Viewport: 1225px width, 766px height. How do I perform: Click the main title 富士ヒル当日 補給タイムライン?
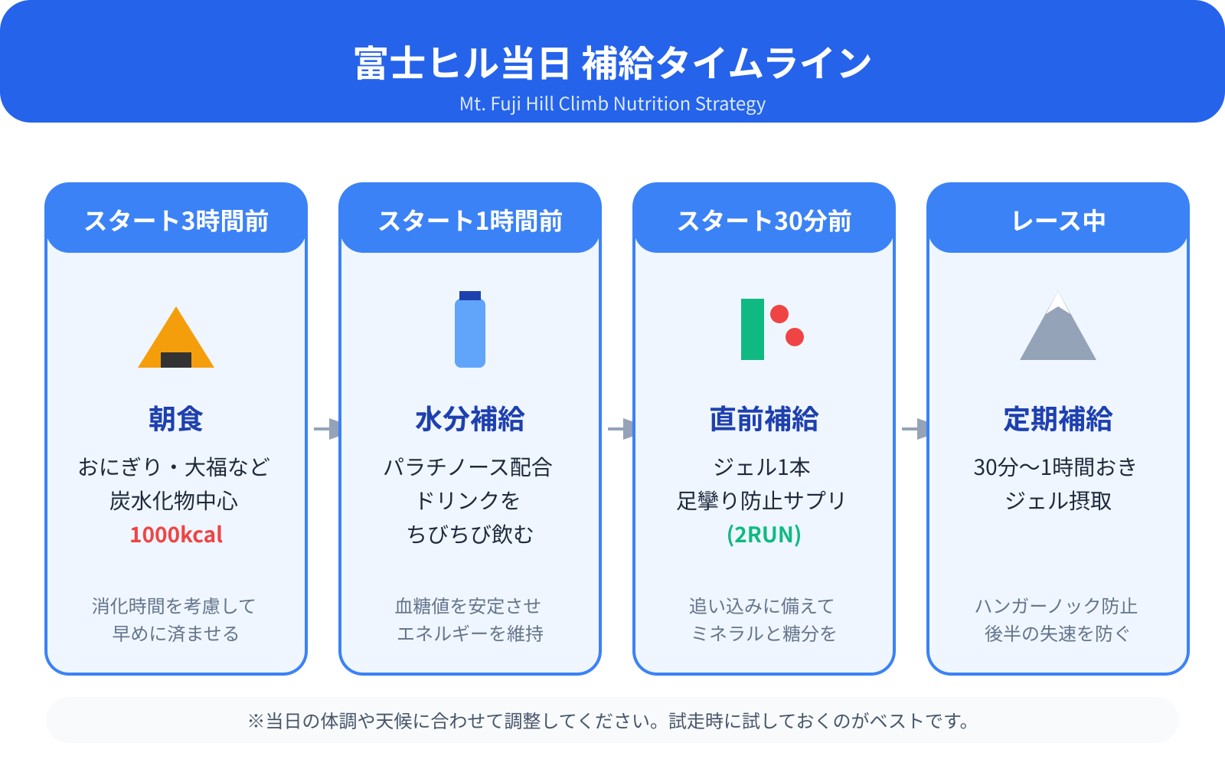(612, 63)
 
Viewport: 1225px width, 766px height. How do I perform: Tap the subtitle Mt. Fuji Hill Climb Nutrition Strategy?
(612, 104)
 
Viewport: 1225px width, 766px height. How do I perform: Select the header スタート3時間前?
(176, 221)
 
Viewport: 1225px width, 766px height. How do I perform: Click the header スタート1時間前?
(470, 221)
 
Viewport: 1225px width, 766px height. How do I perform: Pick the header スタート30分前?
(764, 221)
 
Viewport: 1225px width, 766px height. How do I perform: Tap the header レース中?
(1058, 221)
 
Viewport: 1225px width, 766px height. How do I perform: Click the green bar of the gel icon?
(752, 329)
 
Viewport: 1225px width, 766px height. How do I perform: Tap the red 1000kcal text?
(176, 535)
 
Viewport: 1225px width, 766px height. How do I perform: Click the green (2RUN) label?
(764, 535)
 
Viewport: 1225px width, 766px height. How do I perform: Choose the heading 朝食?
(176, 419)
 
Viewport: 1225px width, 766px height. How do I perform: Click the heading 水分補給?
(470, 419)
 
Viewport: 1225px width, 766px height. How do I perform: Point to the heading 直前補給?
(764, 419)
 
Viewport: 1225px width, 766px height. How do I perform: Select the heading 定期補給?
(1058, 419)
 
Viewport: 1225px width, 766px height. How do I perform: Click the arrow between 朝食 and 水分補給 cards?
(327, 428)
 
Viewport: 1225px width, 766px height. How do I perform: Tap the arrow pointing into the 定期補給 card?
(915, 428)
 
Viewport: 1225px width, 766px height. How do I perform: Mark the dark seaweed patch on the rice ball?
(176, 359)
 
